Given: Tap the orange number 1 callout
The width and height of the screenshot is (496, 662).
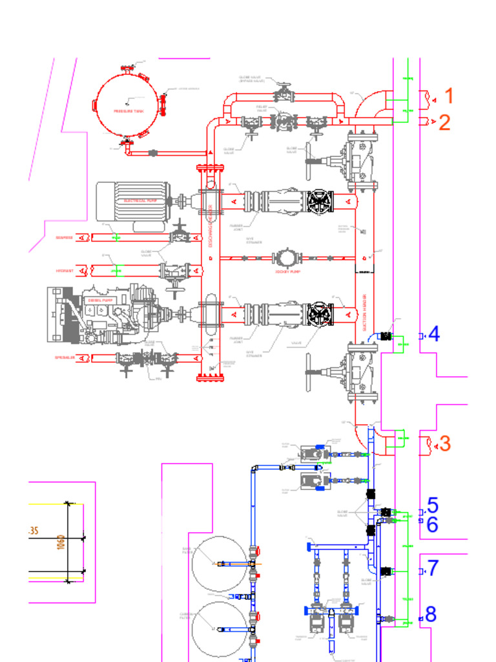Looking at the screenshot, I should point(449,97).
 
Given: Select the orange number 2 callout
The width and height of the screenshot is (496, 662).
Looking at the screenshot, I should point(444,122).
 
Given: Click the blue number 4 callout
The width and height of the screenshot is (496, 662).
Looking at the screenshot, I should point(433,334).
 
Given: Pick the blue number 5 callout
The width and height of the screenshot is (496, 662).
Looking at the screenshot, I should point(432,506).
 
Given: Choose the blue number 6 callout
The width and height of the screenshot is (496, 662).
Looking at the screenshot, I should point(432,524).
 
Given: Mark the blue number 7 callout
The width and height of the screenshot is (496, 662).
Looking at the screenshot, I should point(433,568).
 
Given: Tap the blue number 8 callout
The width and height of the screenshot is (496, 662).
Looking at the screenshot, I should point(431,614).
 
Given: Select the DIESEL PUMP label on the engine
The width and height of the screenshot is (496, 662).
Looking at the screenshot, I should point(100,301).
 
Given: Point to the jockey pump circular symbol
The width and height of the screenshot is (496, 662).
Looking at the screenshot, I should point(286,258).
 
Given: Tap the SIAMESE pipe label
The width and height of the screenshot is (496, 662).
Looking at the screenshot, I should point(64,238).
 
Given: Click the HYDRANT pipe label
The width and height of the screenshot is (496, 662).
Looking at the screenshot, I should point(65,270).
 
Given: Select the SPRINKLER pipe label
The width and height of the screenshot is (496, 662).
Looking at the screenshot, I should point(64,358).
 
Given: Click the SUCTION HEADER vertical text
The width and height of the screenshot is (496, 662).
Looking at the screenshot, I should point(364,304).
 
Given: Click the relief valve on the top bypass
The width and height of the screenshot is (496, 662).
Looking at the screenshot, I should point(284,121).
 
